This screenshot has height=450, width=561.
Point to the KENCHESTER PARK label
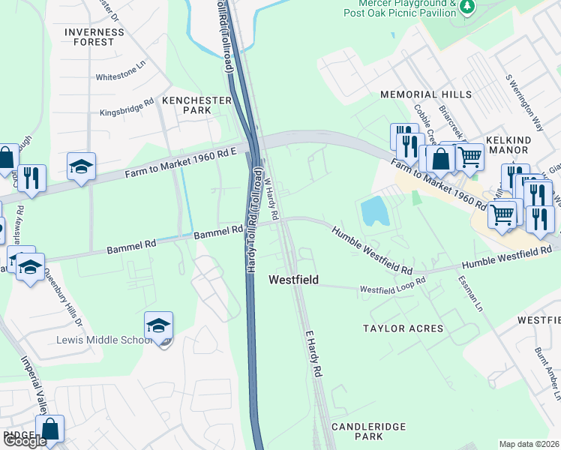pos(187,104)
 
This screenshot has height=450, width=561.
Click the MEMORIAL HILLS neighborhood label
pos(426,94)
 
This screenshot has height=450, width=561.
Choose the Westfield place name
pos(294,280)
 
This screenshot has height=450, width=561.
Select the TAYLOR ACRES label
pos(403,328)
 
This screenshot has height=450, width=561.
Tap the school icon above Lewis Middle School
pos(159,325)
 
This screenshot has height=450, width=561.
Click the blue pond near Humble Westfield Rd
pos(376,211)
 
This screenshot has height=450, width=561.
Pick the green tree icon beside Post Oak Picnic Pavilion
pos(469,7)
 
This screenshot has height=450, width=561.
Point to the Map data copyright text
pos(529,444)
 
